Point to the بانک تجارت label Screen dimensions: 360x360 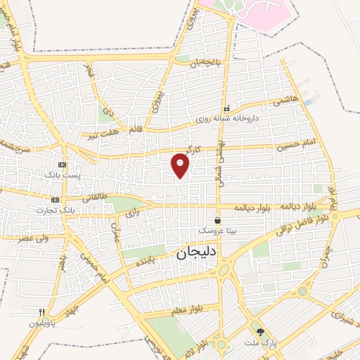(x=60, y=210)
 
